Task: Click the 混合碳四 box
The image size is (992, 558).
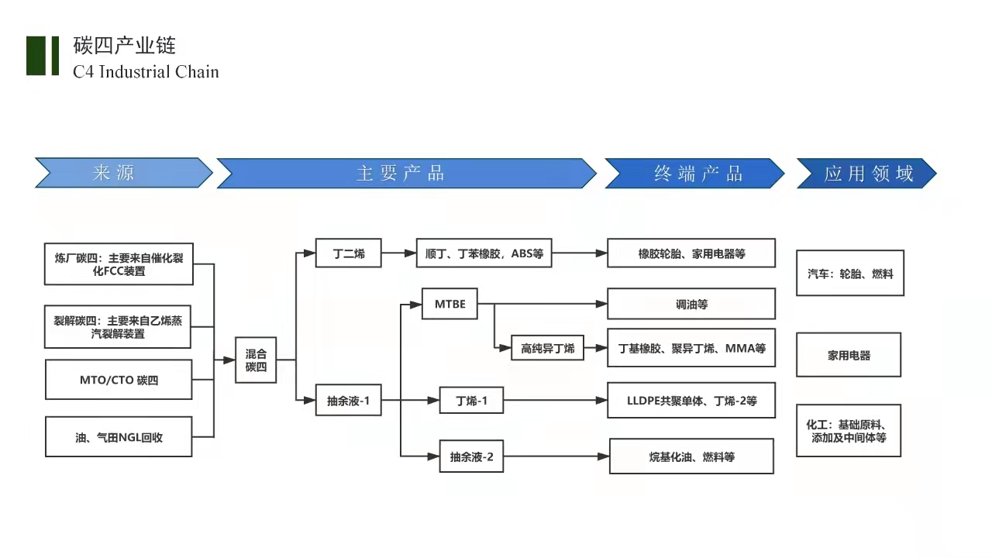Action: [256, 360]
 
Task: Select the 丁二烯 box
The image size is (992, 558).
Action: [349, 253]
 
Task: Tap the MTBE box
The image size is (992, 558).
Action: [449, 304]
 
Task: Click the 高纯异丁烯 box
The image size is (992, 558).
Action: [548, 349]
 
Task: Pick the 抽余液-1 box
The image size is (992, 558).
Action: [349, 401]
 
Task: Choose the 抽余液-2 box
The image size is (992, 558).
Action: [471, 456]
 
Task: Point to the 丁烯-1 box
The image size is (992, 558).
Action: [471, 401]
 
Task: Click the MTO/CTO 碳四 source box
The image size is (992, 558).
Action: [119, 380]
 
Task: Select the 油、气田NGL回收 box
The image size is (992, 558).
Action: [119, 437]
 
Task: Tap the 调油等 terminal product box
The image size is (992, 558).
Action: [691, 304]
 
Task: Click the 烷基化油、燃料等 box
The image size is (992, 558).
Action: [691, 456]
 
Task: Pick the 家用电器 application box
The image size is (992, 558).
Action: [849, 355]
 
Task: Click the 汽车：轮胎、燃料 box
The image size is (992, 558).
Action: [850, 273]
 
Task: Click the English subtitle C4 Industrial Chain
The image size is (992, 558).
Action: [146, 72]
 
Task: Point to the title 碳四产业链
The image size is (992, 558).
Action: [124, 45]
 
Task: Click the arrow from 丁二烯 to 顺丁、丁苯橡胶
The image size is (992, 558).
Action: [399, 253]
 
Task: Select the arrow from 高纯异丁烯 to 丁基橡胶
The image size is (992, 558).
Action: [596, 349]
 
